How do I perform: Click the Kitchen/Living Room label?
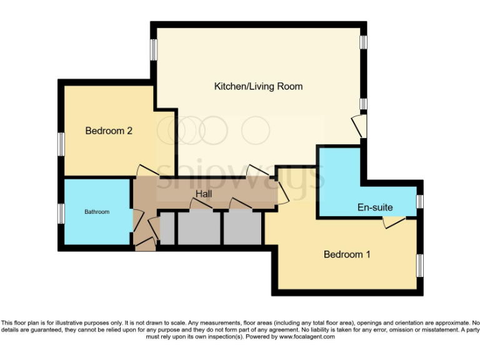pyautogui.click(x=258, y=86)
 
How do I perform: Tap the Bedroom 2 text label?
pyautogui.click(x=109, y=131)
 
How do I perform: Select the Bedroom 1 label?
pyautogui.click(x=347, y=254)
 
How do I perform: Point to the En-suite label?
pyautogui.click(x=375, y=207)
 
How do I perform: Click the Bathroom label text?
pyautogui.click(x=97, y=212)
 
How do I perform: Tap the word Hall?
pyautogui.click(x=204, y=194)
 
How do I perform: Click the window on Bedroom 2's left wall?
pyautogui.click(x=61, y=143)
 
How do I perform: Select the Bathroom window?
pyautogui.click(x=61, y=213)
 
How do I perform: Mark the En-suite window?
pyautogui.click(x=420, y=201)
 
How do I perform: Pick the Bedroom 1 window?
pyautogui.click(x=420, y=266)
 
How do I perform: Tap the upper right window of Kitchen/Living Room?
pyautogui.click(x=362, y=41)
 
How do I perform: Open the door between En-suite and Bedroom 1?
pyautogui.click(x=394, y=221)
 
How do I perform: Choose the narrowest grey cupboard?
pyautogui.click(x=167, y=228)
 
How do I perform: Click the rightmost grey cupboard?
pyautogui.click(x=242, y=228)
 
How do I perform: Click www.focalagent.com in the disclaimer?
pyautogui.click(x=306, y=336)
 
